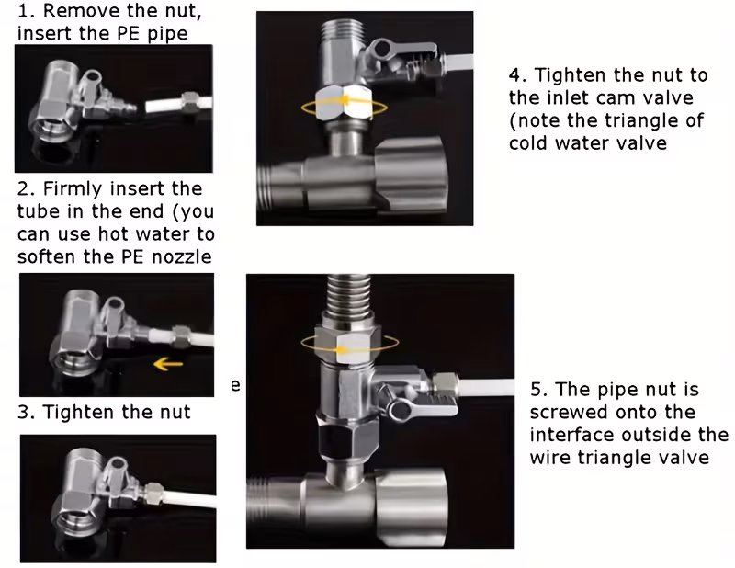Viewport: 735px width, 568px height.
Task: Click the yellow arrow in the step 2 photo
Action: click(169, 362)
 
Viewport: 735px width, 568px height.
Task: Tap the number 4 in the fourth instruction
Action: click(515, 74)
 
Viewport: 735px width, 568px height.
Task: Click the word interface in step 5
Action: click(571, 435)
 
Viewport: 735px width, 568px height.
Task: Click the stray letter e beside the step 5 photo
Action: click(236, 385)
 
